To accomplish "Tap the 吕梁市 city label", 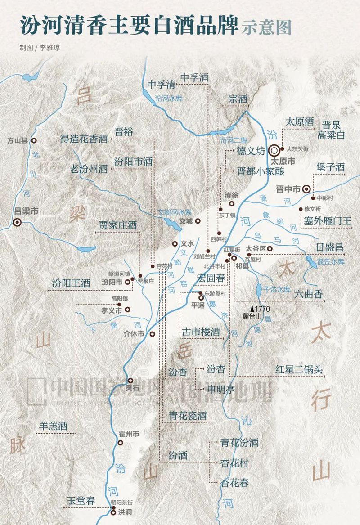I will point(24,211).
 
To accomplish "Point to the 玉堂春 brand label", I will point(81,501).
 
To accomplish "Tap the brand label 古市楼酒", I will point(201,332).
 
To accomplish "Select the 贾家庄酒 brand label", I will point(118,225).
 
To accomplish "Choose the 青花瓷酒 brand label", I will point(188,415).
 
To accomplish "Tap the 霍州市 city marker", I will point(120,443).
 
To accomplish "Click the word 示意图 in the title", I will point(266,27).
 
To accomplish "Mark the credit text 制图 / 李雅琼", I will point(38,47).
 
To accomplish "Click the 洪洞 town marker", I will point(113,512).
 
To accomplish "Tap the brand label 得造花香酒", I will point(84,139).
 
